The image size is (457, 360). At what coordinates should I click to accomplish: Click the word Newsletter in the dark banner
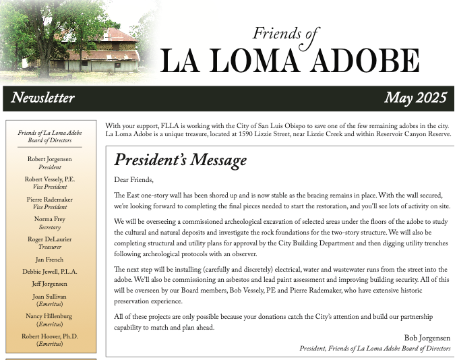(x=42, y=98)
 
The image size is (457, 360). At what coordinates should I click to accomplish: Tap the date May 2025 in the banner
(x=415, y=98)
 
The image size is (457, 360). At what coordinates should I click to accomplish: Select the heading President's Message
(x=180, y=160)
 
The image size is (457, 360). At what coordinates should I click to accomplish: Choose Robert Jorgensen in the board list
(x=50, y=159)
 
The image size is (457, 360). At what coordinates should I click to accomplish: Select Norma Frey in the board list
(x=50, y=219)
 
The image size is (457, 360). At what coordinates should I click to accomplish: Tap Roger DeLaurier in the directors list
(x=50, y=239)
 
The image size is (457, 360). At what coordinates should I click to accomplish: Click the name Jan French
(x=50, y=260)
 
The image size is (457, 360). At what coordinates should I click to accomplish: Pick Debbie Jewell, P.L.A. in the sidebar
(x=50, y=272)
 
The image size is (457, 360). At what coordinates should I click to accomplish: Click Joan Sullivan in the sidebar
(x=50, y=296)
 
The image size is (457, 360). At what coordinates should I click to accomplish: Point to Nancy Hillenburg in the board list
(x=50, y=316)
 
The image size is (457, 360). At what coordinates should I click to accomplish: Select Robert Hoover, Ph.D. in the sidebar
(x=50, y=336)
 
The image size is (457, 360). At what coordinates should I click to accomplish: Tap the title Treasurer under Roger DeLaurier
(x=50, y=247)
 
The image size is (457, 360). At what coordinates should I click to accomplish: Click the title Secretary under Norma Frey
(x=50, y=227)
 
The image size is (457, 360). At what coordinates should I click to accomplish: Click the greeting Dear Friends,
(x=134, y=179)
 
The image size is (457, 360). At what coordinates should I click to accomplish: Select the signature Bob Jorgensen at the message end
(x=427, y=338)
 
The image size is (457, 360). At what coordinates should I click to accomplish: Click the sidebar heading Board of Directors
(x=50, y=140)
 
